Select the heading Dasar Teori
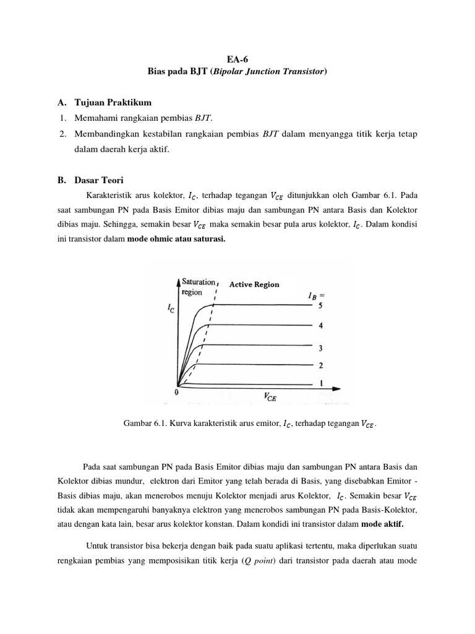[x=99, y=181]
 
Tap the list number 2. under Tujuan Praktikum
[x=63, y=134]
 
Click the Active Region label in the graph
[x=254, y=285]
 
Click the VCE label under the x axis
[x=270, y=398]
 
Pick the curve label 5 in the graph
[x=320, y=305]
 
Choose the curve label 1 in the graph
[x=320, y=384]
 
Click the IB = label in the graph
[x=315, y=295]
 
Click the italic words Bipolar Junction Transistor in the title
[x=268, y=72]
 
